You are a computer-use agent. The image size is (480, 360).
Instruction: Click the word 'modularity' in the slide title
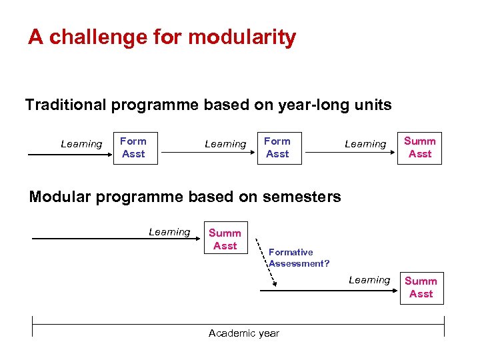[x=243, y=37]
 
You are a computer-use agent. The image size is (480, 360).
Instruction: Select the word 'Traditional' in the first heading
[x=65, y=105]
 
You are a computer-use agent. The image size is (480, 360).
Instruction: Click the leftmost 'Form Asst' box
[x=133, y=147]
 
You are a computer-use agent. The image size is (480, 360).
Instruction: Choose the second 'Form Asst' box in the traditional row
[x=277, y=147]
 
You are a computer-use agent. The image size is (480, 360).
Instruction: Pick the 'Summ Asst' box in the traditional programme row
[x=420, y=147]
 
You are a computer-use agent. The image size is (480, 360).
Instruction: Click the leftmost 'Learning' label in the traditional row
[x=81, y=144]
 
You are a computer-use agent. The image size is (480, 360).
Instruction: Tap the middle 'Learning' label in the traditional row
[x=225, y=144]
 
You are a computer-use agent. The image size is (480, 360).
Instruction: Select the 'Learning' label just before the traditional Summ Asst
[x=365, y=144]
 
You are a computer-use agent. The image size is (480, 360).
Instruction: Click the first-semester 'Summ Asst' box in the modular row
[x=225, y=239]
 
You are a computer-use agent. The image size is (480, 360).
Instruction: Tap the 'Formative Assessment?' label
[x=299, y=258]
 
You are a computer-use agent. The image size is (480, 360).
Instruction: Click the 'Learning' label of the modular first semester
[x=169, y=232]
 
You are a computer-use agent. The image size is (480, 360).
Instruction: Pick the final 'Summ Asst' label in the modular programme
[x=421, y=287]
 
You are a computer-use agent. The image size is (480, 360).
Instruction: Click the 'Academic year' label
[x=244, y=333]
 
